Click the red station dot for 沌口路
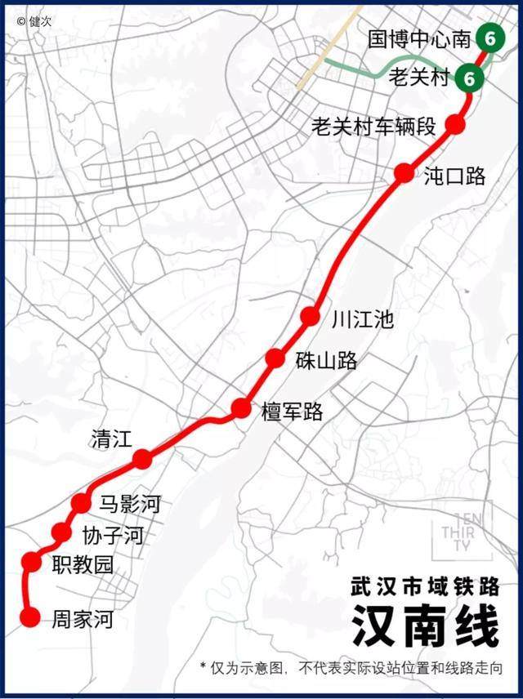(x=404, y=173)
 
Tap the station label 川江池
(x=362, y=319)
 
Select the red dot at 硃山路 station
(x=276, y=358)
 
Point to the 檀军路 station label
(x=292, y=412)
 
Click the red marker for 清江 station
(x=142, y=459)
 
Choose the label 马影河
(x=129, y=504)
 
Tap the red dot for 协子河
(x=61, y=532)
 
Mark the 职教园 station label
(x=82, y=564)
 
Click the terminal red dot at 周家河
(x=30, y=617)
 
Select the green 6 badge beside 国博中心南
(x=489, y=38)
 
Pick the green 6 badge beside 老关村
(x=469, y=78)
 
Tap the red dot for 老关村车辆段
(x=455, y=125)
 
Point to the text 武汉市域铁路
(x=424, y=585)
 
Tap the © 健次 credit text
(x=34, y=21)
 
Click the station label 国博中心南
(x=418, y=38)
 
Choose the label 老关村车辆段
(x=376, y=127)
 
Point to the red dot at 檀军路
(x=241, y=408)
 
